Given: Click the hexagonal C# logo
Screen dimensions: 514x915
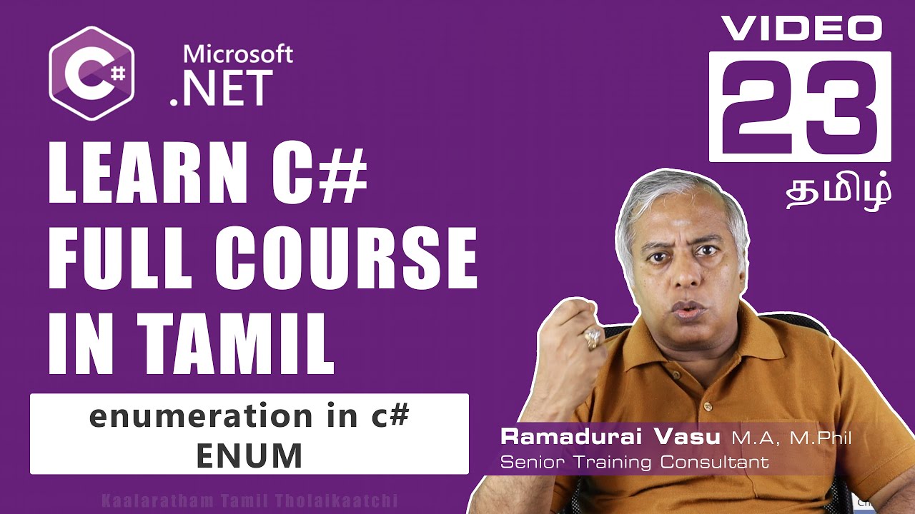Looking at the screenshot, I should (91, 73).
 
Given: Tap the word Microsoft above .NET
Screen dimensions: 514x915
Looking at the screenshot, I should (237, 54).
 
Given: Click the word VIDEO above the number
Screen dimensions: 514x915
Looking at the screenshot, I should (800, 29).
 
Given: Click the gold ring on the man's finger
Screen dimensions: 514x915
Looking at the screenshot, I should (593, 337).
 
